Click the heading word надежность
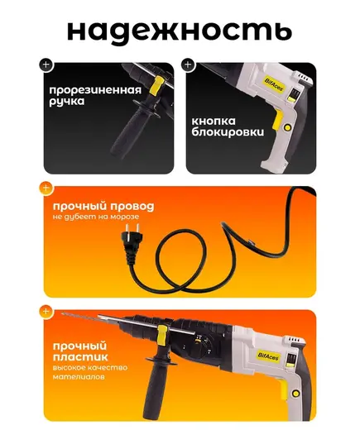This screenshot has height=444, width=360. [180, 31]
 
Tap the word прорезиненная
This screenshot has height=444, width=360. [95, 90]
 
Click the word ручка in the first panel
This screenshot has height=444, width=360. [66, 102]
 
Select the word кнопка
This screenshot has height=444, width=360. [214, 122]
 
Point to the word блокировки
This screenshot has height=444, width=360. [228, 132]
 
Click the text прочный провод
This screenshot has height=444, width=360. [103, 207]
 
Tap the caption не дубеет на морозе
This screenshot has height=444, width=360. [96, 217]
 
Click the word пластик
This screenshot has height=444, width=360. [80, 357]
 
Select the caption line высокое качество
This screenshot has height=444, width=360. [90, 368]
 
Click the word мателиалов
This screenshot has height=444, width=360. [79, 377]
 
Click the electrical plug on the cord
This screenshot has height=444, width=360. [131, 240]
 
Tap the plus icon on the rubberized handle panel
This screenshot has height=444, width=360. [46, 64]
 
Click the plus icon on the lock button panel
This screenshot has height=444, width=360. [188, 64]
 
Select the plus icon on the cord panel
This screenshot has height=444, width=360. [46, 188]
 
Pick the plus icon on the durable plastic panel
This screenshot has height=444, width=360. [46, 312]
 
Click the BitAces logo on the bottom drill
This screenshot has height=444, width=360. [268, 356]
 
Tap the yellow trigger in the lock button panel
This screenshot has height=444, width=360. [278, 120]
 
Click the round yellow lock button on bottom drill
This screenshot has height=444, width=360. [296, 394]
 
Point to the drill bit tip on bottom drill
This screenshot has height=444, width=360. [63, 313]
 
